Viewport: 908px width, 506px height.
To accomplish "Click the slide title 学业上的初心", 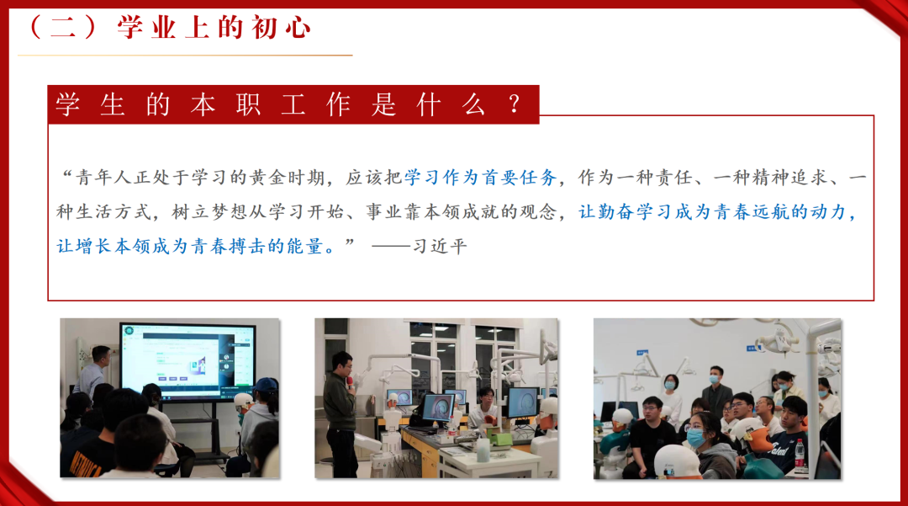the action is click(x=214, y=28).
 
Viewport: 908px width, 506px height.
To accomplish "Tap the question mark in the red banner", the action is click(x=514, y=104).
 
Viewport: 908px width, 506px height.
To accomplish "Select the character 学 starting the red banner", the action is click(x=68, y=105).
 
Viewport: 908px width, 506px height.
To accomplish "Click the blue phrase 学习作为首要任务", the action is click(x=481, y=178).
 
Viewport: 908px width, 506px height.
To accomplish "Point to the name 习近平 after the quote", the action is click(x=440, y=247).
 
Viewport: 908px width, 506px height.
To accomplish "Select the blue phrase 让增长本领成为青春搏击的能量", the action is click(x=189, y=247).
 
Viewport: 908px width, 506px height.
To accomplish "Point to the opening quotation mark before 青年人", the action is click(x=67, y=173).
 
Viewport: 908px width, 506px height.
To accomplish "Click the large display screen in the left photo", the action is click(x=187, y=360).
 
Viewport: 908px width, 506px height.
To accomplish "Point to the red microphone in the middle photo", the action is click(x=350, y=382).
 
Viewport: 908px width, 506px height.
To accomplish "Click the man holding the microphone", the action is click(x=340, y=414).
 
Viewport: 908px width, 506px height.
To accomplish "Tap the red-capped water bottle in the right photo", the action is click(x=800, y=453).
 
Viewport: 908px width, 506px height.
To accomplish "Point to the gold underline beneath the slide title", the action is click(x=185, y=55).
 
